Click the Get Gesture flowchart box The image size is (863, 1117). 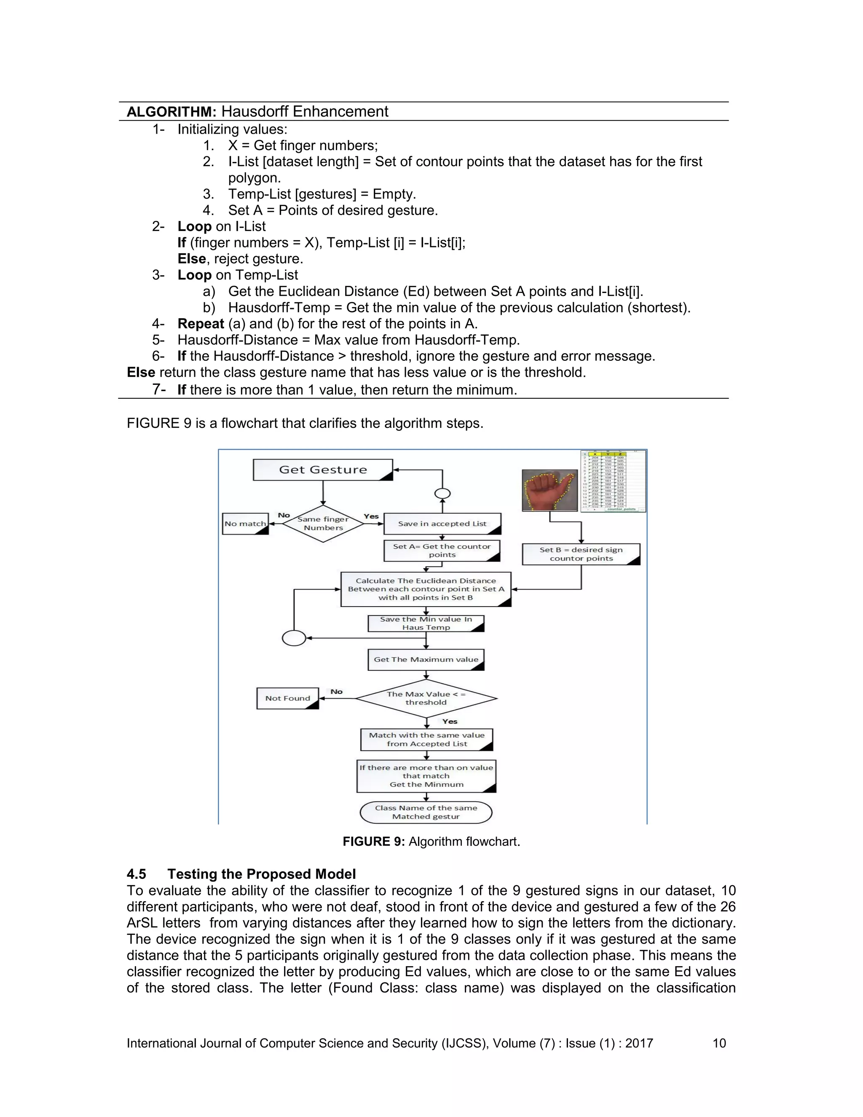pos(323,470)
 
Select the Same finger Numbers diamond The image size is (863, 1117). pos(323,523)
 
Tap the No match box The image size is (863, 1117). pos(245,524)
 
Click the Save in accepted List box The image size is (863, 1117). pos(442,524)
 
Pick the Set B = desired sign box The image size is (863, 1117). pos(581,554)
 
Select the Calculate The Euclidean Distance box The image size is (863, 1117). pos(426,589)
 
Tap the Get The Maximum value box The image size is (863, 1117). pos(426,659)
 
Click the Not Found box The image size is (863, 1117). pos(287,698)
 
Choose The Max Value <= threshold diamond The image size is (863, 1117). pos(426,698)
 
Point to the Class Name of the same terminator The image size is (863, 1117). pos(426,812)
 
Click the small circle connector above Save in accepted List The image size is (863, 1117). pos(442,494)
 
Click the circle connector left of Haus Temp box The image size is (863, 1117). pos(294,638)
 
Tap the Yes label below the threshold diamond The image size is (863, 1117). pos(449,721)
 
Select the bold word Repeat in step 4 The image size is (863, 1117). pos(201,324)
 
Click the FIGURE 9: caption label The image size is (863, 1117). pos(373,841)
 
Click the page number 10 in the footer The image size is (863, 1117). pos(719,1043)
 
